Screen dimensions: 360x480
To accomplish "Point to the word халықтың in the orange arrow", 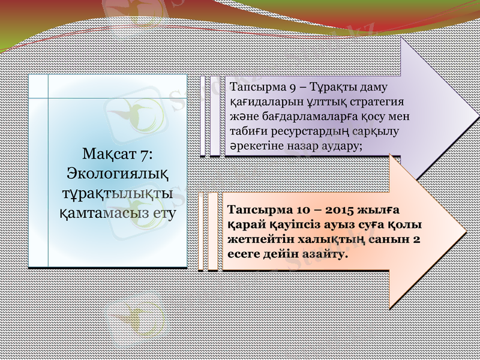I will [x=349, y=239].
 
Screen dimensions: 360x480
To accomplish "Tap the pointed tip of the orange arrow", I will [x=465, y=233].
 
